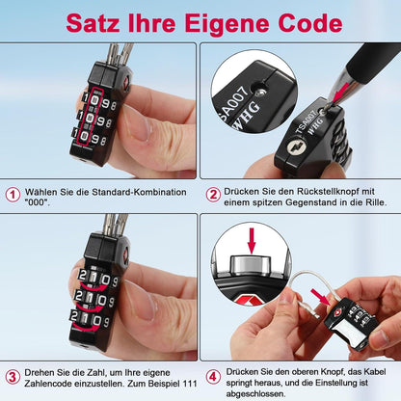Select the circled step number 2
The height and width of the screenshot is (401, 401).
click(x=213, y=193)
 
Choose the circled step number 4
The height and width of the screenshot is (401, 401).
click(x=213, y=375)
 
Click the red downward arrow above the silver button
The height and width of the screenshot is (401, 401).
click(x=254, y=237)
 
